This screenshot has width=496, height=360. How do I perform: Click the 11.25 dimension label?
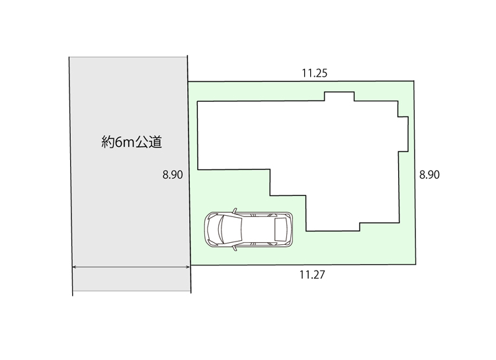(314, 73)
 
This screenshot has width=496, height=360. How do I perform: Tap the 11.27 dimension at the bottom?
(312, 275)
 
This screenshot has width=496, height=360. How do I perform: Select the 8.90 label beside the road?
(173, 175)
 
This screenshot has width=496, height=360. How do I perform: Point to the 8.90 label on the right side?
(429, 175)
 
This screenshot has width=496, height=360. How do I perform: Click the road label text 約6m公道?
(132, 142)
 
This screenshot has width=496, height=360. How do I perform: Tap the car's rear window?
(280, 229)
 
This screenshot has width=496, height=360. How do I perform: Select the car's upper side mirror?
(235, 210)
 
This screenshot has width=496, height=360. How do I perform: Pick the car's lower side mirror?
(235, 248)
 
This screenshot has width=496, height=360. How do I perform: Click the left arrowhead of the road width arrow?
(74, 267)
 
